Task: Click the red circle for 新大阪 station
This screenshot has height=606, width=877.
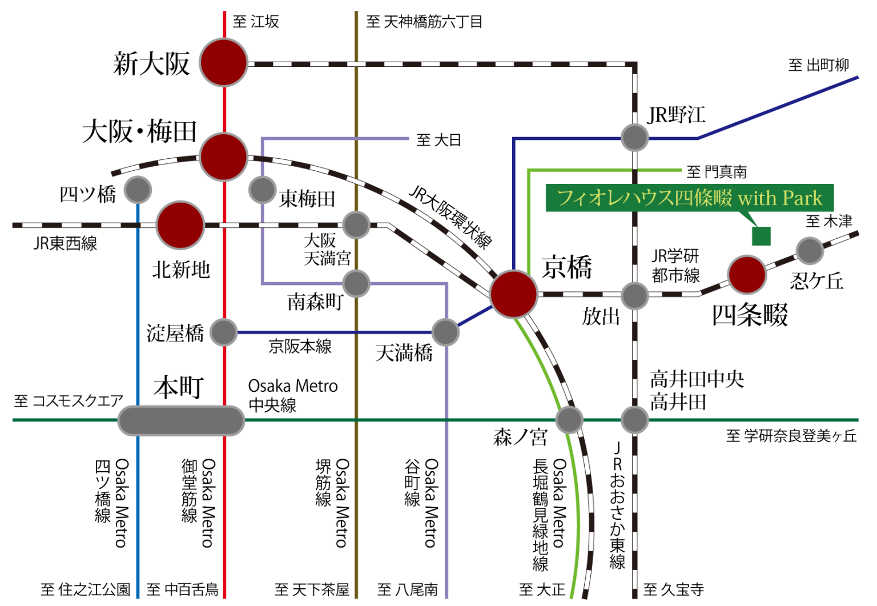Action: tap(224, 62)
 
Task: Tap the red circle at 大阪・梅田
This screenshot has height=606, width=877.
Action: tap(224, 156)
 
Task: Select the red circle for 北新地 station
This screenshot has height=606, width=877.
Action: tap(180, 225)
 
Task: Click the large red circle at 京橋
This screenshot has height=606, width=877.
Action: tap(513, 294)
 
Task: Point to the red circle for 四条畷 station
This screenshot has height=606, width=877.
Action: tap(747, 275)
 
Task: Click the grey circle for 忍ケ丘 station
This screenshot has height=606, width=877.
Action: tap(810, 250)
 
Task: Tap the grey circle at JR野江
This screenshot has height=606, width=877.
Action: tap(635, 138)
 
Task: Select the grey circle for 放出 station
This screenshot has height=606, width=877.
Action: tap(635, 296)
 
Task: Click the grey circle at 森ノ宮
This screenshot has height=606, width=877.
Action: tap(569, 420)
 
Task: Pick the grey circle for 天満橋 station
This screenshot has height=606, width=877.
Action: tap(445, 332)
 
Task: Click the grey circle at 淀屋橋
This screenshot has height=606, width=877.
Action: tap(224, 332)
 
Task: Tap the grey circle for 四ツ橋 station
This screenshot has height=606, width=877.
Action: tap(138, 190)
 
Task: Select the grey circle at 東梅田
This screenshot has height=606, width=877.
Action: tap(262, 190)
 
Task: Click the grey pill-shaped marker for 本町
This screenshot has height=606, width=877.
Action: tap(181, 421)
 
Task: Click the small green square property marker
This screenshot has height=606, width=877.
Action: tap(761, 236)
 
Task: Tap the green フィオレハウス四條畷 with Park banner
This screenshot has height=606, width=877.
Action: tap(690, 198)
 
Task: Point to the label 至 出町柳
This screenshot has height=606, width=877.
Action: tap(818, 65)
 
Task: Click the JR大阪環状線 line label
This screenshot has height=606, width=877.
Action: tap(450, 218)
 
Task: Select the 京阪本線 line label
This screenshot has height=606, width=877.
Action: tap(300, 347)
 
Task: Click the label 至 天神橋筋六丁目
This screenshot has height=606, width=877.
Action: tap(424, 22)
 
